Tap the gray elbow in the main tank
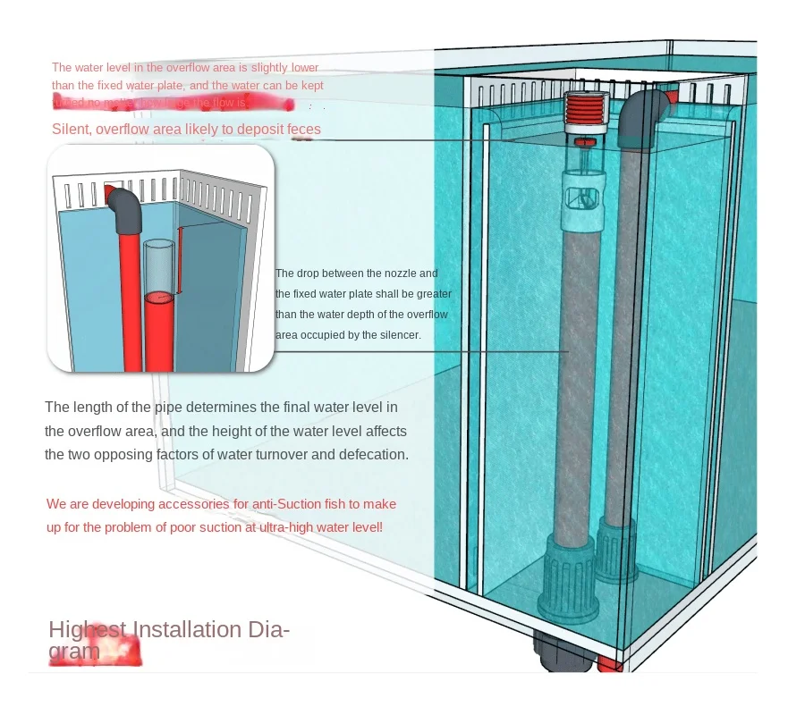click(647, 109)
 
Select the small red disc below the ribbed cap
click(586, 143)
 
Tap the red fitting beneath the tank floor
click(609, 662)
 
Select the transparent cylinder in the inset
click(160, 265)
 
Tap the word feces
click(304, 130)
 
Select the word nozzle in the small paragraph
click(397, 273)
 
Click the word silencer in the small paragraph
click(400, 335)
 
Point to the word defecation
click(373, 454)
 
